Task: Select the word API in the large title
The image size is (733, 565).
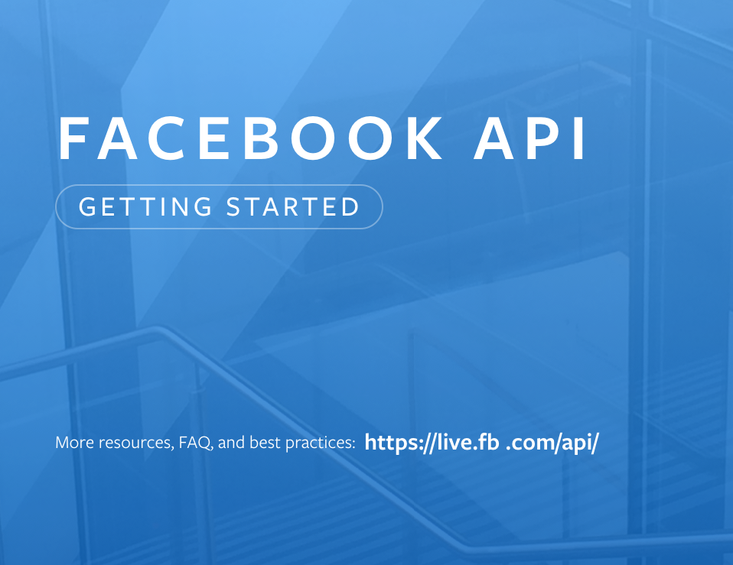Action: pos(530,139)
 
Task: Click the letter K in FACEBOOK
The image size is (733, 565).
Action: pos(424,139)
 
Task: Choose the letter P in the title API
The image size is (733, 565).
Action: pos(539,139)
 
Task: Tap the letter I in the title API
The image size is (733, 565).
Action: pos(580,139)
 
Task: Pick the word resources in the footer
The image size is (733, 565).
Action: pos(135,443)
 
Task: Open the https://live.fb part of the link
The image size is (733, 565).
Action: pos(433,443)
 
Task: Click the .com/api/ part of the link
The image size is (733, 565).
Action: pos(552,443)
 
